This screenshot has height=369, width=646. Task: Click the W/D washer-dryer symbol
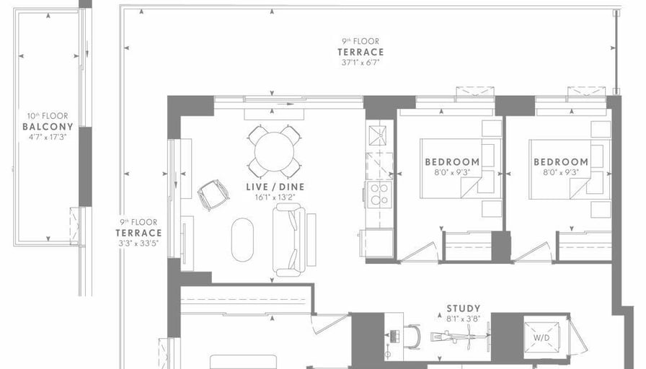point(541,338)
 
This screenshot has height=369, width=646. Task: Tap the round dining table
point(274,151)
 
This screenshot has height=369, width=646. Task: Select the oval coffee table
point(242,240)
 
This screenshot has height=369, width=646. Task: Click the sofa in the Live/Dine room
point(289,240)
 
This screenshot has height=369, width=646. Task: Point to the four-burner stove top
point(379,195)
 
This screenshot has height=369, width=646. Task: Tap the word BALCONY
point(48,126)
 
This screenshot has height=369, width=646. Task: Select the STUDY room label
point(464,308)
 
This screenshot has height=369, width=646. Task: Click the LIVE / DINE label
point(275,187)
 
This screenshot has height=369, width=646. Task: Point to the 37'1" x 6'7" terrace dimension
point(360,63)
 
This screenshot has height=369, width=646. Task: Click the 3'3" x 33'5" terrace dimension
point(138,244)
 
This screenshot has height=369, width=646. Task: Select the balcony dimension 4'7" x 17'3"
point(48,137)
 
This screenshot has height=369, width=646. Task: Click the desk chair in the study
point(413,337)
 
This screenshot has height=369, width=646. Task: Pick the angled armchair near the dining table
point(213,195)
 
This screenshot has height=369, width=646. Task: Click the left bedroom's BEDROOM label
point(452,162)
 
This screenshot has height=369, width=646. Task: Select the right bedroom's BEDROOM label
point(561,162)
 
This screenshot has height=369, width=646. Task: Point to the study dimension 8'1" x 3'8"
point(464,319)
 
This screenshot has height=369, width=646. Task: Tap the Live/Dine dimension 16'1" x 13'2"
point(275,197)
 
